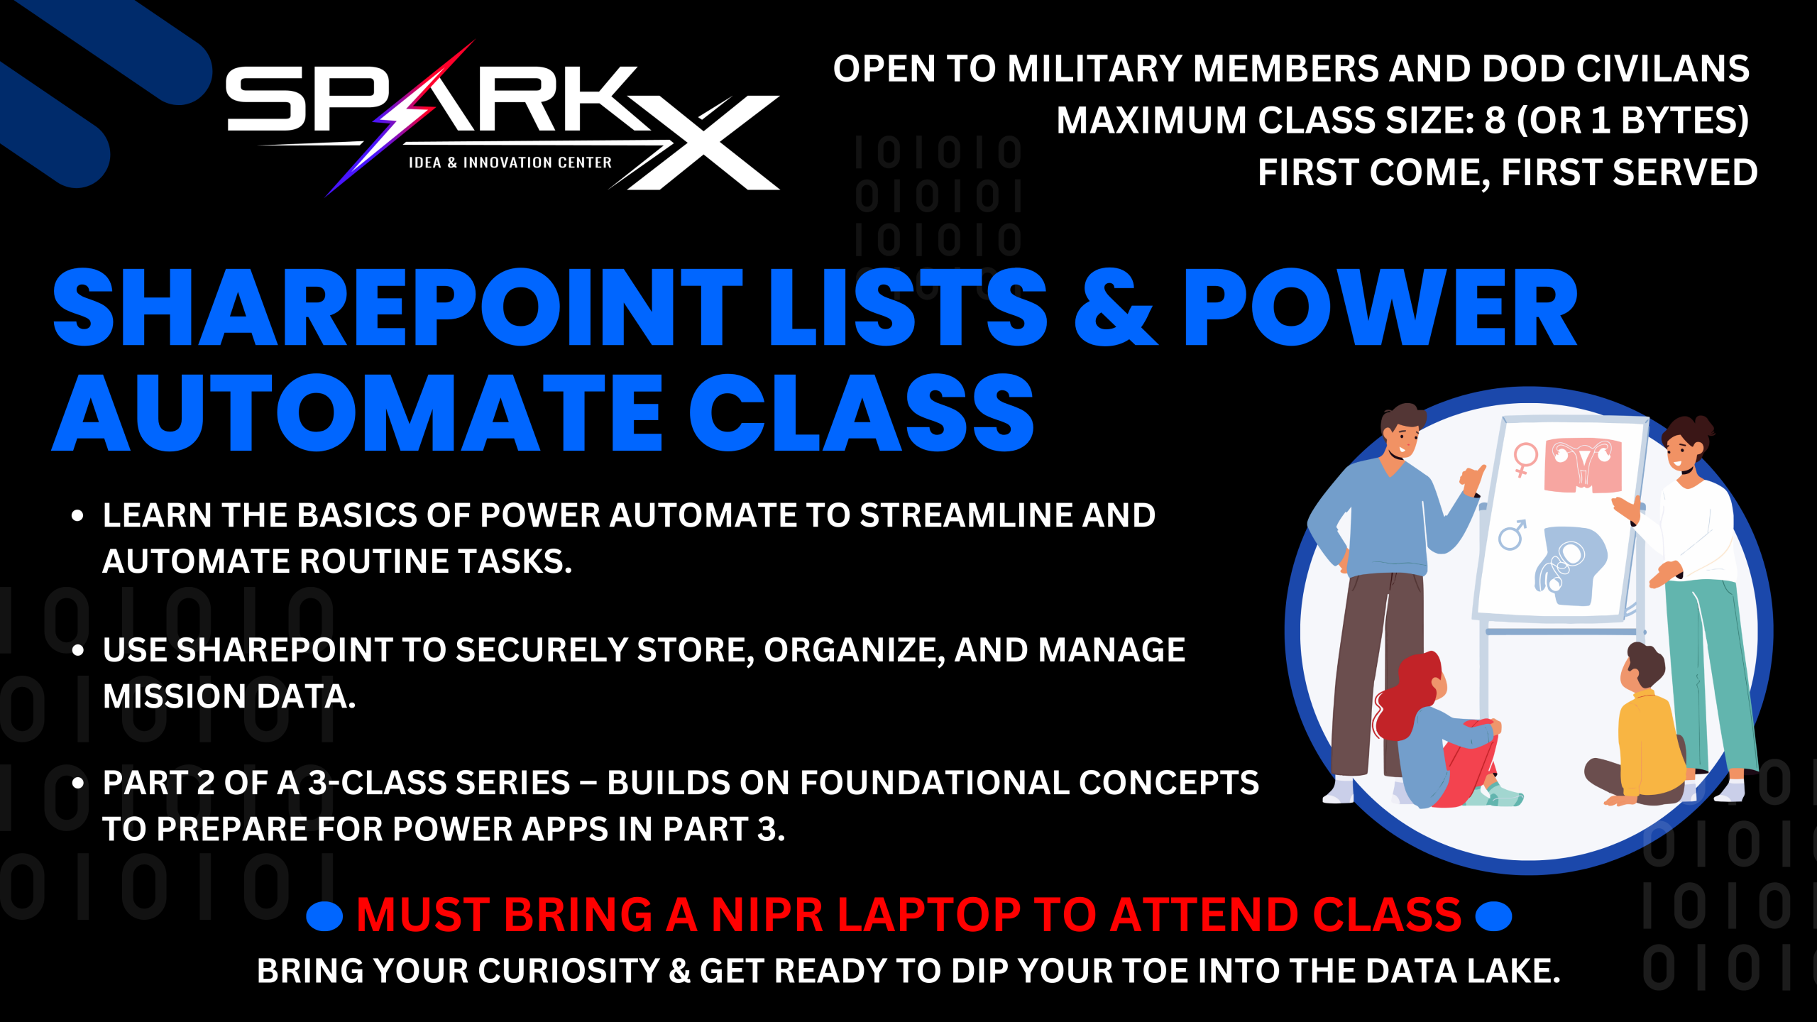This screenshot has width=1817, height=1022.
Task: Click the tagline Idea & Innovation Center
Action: pos(510,163)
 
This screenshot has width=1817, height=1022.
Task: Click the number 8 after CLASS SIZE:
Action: pos(1495,120)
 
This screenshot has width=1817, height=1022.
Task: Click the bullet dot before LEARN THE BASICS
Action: pos(78,516)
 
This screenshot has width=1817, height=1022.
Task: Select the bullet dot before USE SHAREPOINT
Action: pos(78,650)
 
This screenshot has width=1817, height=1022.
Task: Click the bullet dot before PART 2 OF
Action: pos(78,784)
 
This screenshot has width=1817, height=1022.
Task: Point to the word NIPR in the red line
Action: pos(767,914)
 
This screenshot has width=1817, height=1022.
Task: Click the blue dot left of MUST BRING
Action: pos(324,916)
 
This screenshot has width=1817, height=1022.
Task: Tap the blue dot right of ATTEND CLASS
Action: pos(1493,916)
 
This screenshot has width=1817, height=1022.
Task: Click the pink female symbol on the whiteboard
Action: pos(1525,458)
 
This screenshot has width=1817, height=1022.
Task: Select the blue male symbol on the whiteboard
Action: pos(1512,534)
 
